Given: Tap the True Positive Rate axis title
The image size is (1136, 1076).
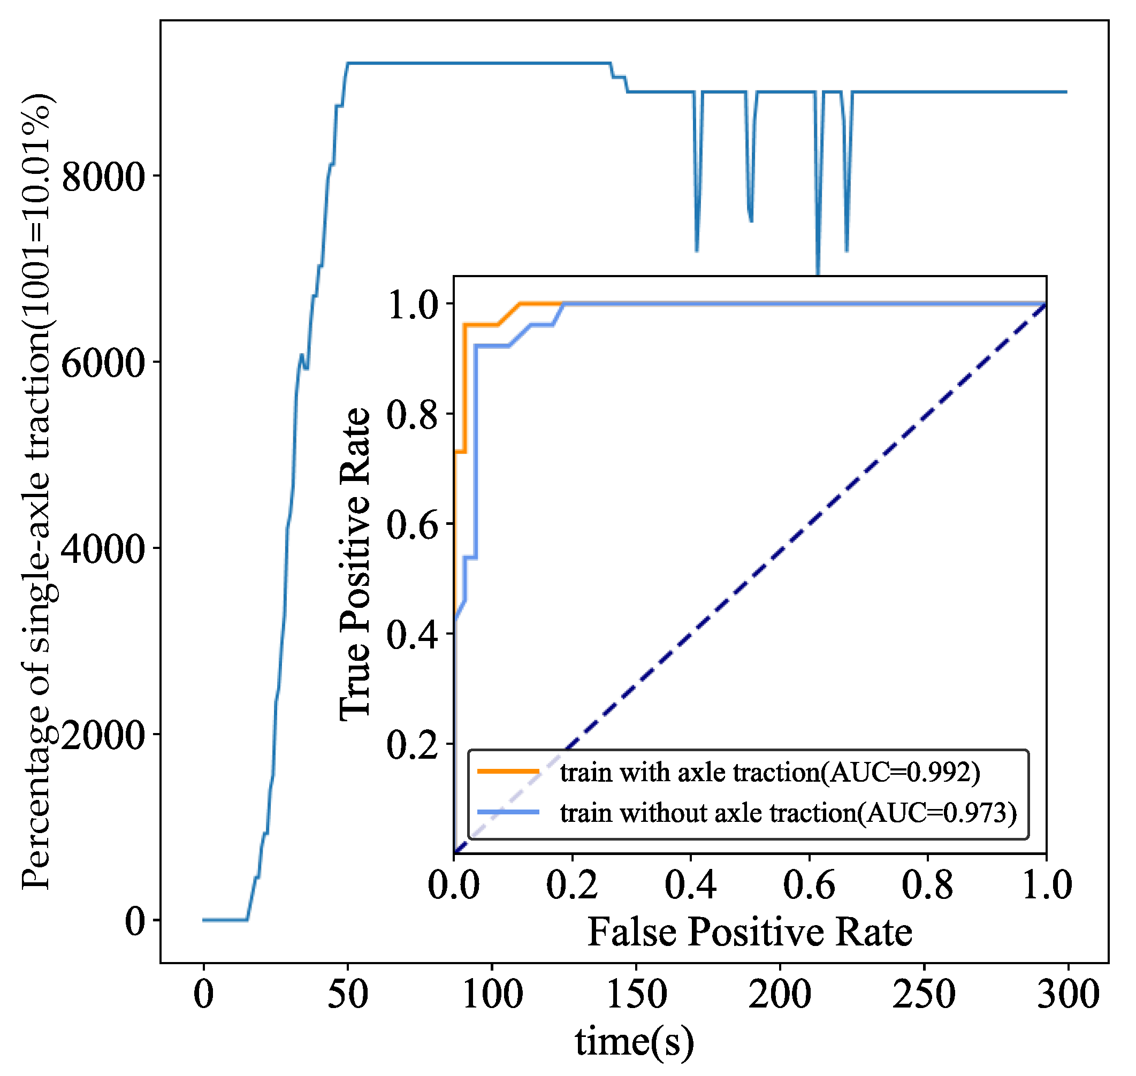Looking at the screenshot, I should [x=355, y=565].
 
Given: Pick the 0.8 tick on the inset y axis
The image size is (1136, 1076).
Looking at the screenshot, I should [x=413, y=415].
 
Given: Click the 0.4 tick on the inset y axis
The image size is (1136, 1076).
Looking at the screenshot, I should [x=413, y=635].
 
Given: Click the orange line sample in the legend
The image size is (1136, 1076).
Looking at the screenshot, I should [x=509, y=772].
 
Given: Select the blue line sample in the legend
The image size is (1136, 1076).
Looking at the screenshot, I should [x=509, y=813].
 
